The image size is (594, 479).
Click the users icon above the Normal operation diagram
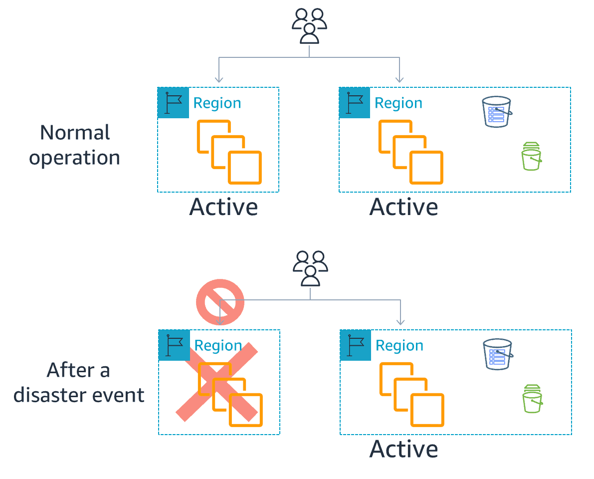309,26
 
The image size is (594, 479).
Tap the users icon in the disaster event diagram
310,268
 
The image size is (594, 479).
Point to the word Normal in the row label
75,133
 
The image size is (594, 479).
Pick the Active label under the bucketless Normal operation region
223,207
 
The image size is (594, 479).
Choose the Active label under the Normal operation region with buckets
404,207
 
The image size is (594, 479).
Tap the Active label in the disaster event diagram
404,449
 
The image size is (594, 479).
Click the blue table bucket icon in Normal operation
497,112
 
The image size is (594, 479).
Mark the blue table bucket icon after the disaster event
498,354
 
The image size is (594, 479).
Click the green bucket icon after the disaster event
532,399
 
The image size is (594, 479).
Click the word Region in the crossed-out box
218,346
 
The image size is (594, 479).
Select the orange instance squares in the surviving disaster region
412,394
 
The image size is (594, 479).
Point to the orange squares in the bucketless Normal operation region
230,152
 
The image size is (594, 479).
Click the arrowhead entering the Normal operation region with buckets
399,79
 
